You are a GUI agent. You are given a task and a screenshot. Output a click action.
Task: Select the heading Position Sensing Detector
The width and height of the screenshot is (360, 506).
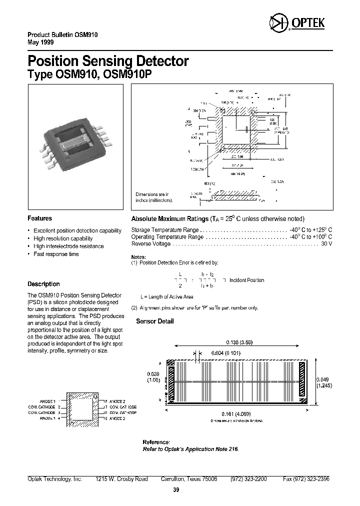pyautogui.click(x=107, y=61)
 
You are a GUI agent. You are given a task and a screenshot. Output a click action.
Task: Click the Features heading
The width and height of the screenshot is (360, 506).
pyautogui.click(x=39, y=218)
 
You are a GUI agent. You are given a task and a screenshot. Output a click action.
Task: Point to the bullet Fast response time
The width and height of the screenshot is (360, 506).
pyautogui.click(x=56, y=254)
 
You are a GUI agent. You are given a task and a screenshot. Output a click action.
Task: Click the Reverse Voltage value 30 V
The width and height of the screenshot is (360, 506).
pyautogui.click(x=326, y=244)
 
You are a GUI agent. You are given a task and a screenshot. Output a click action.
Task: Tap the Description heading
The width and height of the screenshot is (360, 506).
pyautogui.click(x=43, y=284)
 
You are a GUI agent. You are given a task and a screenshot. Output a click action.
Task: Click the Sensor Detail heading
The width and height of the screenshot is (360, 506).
pyautogui.click(x=155, y=321)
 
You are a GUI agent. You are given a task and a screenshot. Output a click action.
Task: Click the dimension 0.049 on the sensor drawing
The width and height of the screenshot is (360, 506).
pyautogui.click(x=324, y=379)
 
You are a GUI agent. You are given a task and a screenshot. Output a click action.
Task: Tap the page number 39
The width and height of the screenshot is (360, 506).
pyautogui.click(x=175, y=490)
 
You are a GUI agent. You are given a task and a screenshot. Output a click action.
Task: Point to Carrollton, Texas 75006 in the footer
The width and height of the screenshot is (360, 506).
pyautogui.click(x=189, y=479)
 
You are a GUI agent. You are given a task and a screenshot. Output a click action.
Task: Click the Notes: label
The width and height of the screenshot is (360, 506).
pyautogui.click(x=138, y=256)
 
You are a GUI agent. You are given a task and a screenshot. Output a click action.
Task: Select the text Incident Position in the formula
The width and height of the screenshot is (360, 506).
pyautogui.click(x=246, y=280)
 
